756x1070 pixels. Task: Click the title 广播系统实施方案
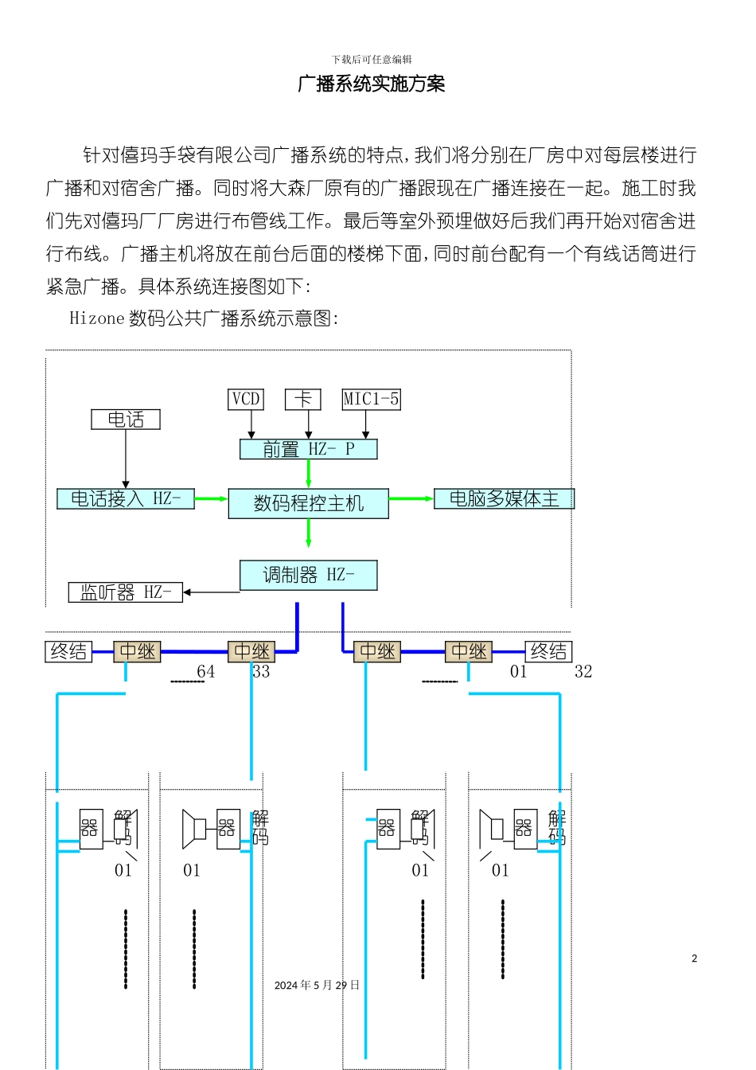371,84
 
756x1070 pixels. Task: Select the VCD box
246,399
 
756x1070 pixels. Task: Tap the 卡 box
303,399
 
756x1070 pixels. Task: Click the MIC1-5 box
371,399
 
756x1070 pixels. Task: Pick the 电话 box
126,419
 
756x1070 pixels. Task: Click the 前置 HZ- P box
309,449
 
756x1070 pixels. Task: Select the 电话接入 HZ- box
126,498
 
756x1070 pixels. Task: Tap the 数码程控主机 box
309,503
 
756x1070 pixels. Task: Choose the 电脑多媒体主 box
504,498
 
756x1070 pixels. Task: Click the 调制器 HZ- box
309,575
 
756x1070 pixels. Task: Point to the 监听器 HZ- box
126,592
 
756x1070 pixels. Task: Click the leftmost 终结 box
68,651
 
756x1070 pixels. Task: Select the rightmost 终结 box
548,651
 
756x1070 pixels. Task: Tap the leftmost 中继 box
138,651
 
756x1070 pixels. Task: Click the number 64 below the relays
206,672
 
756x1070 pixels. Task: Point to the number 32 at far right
583,672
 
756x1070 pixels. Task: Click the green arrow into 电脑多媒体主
411,498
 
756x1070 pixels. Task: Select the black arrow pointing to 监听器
211,592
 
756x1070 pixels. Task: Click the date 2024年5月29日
317,985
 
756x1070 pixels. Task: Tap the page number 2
694,958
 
